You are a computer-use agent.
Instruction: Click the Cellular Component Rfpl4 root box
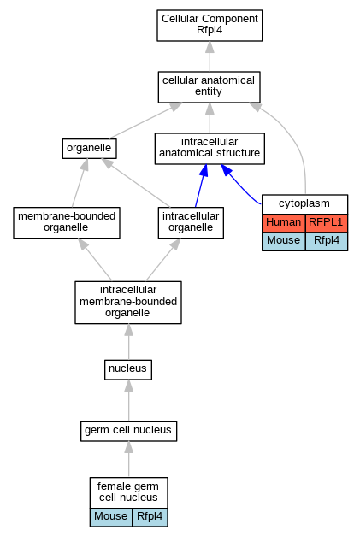pos(210,26)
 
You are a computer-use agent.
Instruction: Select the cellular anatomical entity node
pos(210,87)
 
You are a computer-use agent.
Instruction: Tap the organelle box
pos(89,149)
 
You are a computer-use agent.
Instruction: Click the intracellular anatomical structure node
pos(210,149)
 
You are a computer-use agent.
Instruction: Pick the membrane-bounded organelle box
pos(67,222)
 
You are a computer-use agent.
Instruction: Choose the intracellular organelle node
pos(191,222)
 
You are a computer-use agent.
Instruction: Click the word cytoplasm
pos(304,203)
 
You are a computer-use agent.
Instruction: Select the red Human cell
pos(284,223)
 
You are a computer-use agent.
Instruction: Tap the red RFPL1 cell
pos(327,223)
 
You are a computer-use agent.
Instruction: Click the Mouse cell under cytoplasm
pos(284,241)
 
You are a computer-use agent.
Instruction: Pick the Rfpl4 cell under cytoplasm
pos(327,241)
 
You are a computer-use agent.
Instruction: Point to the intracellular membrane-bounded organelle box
pos(128,303)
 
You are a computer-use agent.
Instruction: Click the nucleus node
pos(128,369)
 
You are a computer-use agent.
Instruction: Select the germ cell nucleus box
pos(128,431)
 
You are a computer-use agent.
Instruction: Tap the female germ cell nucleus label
pos(128,492)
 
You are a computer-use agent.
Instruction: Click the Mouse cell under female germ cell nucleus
pos(111,517)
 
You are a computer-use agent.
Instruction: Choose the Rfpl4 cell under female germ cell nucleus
pos(150,517)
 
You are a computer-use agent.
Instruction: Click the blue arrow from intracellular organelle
pos(201,186)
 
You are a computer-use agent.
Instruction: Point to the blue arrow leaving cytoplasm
pos(240,185)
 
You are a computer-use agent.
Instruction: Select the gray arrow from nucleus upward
pos(128,342)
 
